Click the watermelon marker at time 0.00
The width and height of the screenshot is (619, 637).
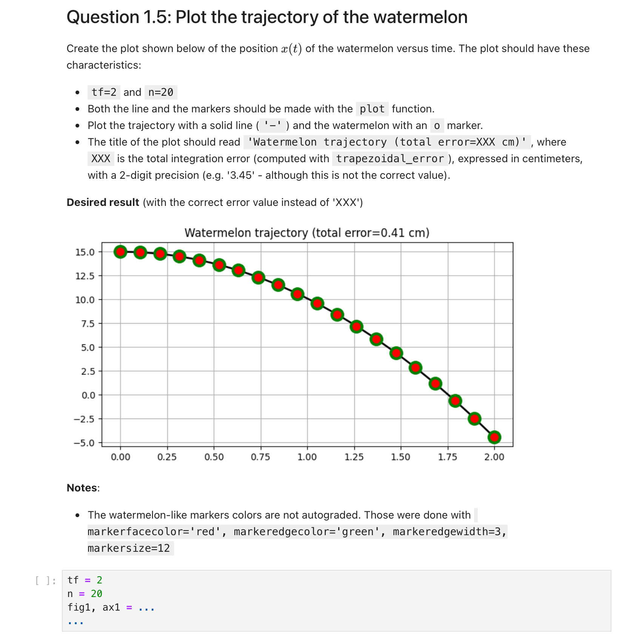pos(120,252)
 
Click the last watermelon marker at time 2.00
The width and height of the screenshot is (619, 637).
pos(494,437)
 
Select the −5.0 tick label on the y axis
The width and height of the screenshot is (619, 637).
pos(84,443)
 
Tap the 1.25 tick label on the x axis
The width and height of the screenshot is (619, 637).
pos(354,457)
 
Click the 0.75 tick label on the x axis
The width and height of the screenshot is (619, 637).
pos(260,457)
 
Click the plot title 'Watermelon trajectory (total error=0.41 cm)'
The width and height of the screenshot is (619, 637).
pos(307,233)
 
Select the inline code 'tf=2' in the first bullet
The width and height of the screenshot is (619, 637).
pos(104,92)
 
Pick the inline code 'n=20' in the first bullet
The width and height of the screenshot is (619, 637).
pos(161,92)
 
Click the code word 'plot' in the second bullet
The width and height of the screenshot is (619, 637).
pos(372,109)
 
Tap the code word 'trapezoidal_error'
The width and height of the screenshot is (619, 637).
pos(390,159)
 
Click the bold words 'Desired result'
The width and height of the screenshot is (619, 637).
pos(103,203)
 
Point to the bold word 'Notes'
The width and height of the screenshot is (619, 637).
pos(82,488)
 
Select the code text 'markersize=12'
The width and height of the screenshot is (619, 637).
pos(129,548)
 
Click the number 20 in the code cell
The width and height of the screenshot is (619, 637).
pos(97,594)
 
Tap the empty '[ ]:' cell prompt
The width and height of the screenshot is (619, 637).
pos(45,580)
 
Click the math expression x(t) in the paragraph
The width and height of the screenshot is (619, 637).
pos(291,49)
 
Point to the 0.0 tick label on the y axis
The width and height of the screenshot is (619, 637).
pos(88,395)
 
